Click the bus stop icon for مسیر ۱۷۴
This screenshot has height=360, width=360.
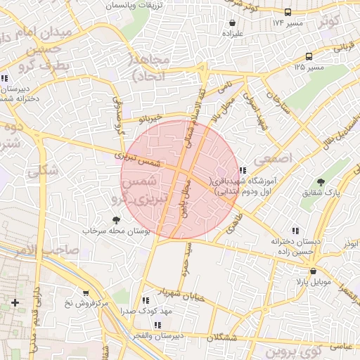click(x=288, y=12)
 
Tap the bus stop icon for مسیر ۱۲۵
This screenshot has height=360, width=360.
click(x=309, y=56)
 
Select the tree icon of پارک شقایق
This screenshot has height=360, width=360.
click(x=321, y=182)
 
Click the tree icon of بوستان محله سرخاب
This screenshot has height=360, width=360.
click(x=116, y=220)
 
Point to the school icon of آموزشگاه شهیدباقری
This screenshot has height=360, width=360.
click(x=243, y=170)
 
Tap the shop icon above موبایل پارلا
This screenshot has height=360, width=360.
click(x=313, y=271)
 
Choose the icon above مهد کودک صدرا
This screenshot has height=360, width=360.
click(x=145, y=300)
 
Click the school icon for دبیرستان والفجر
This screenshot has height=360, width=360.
click(x=157, y=325)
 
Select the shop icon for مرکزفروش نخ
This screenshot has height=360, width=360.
click(x=86, y=292)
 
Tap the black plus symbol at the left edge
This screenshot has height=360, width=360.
click(x=15, y=302)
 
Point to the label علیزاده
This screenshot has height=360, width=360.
click(x=232, y=33)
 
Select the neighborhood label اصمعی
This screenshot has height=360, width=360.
click(x=276, y=159)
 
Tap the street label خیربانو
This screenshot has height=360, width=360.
click(x=150, y=117)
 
